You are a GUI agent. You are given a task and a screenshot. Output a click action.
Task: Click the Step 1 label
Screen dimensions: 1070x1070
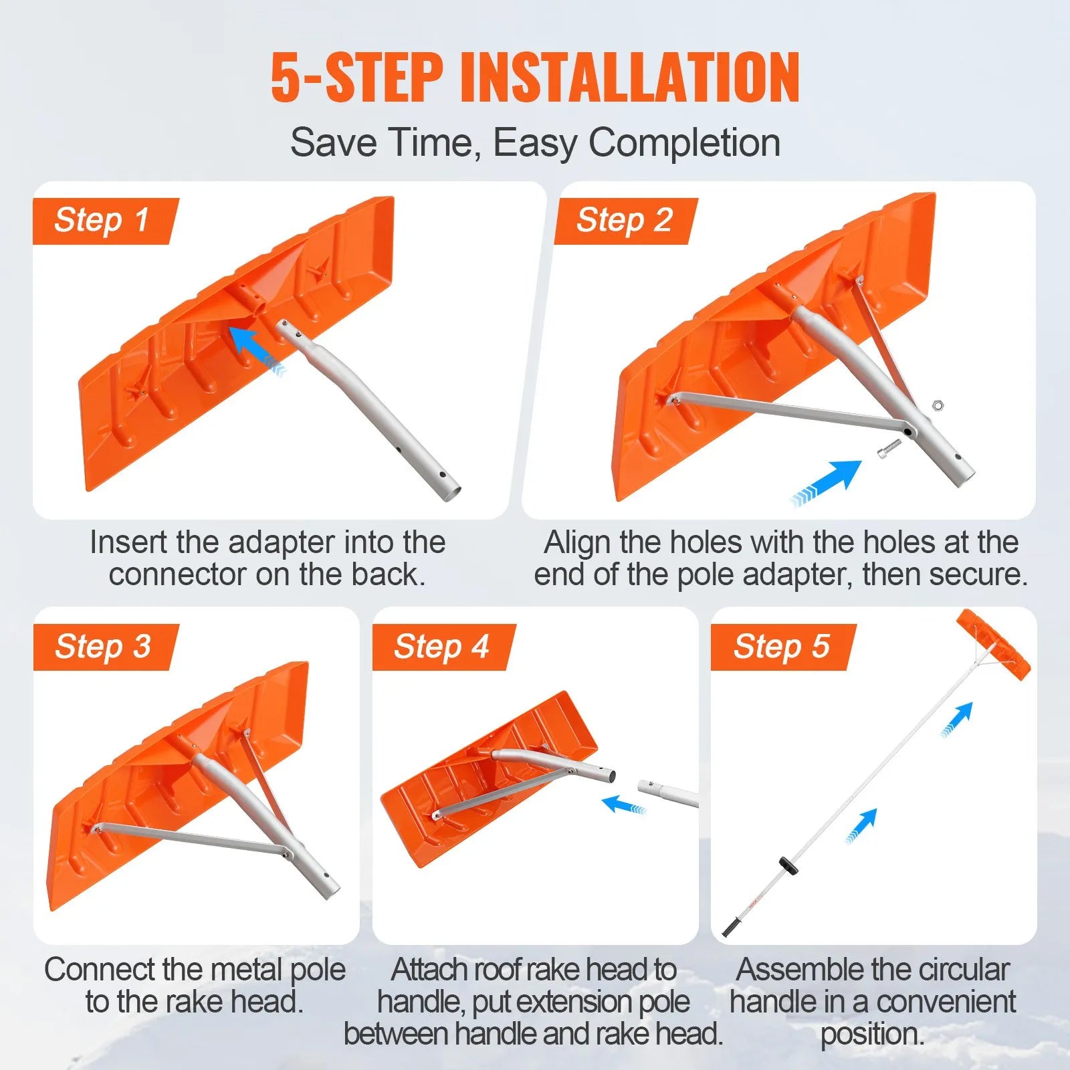(x=102, y=221)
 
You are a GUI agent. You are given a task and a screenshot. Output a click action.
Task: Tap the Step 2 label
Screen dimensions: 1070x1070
(x=625, y=221)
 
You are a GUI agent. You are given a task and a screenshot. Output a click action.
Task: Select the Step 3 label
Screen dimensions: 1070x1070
(x=103, y=647)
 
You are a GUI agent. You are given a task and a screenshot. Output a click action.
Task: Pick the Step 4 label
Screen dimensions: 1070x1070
(x=442, y=647)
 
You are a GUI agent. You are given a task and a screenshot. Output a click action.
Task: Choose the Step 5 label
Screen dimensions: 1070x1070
(x=782, y=647)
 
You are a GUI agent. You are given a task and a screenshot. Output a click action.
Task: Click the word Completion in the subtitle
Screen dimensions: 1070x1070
(x=684, y=142)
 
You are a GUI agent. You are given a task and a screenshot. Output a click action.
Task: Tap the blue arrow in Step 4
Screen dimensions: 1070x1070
(x=621, y=804)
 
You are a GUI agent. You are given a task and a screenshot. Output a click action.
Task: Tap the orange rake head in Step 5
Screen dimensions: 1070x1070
(x=993, y=645)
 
